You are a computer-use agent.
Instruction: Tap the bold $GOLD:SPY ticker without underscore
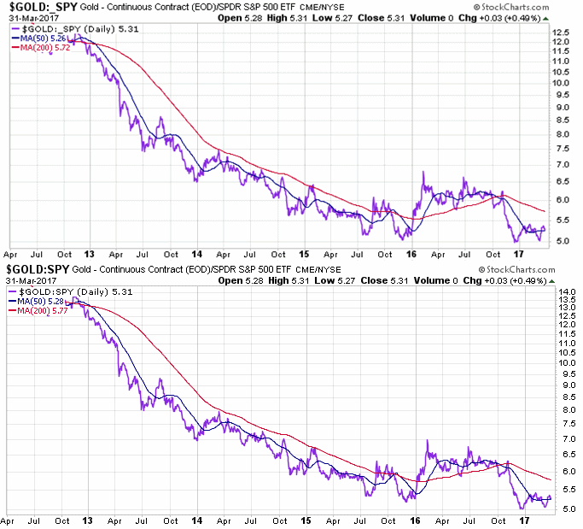[x=37, y=270]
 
